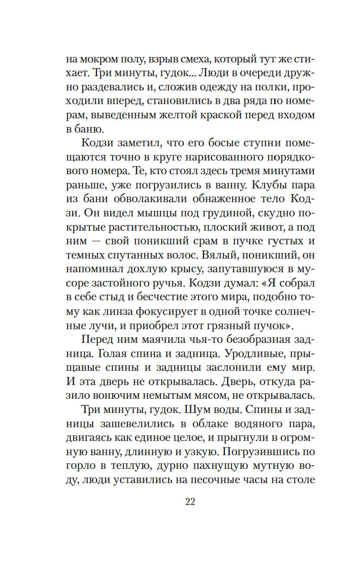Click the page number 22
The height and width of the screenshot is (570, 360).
(x=190, y=502)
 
